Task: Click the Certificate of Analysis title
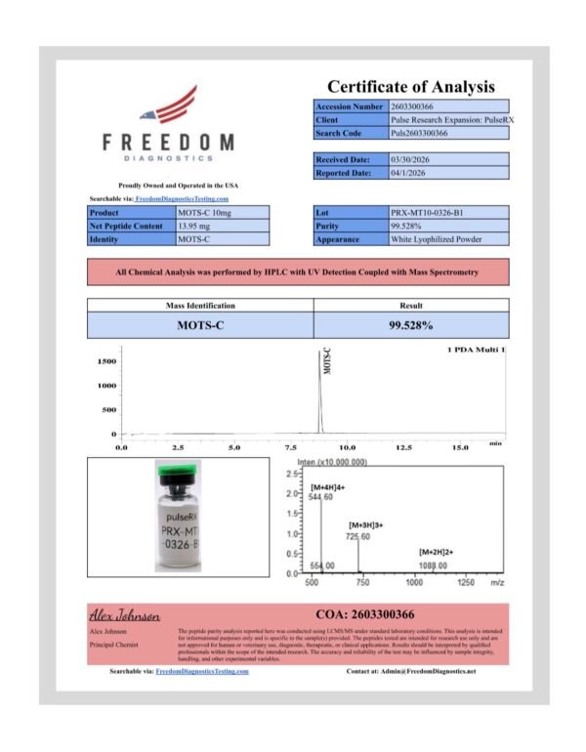coord(410,87)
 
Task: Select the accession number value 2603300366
coord(419,105)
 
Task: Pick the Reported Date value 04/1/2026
coord(409,173)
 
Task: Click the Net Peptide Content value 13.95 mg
coord(198,226)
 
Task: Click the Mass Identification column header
coord(200,306)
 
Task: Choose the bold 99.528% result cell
coord(410,325)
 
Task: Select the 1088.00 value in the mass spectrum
coord(433,565)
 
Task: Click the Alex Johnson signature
coord(124,617)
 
